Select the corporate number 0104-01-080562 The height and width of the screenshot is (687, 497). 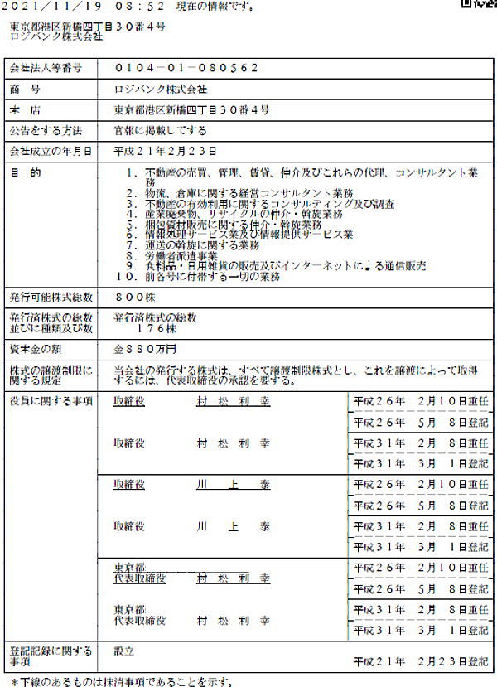click(186, 68)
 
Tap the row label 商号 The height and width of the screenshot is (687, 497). click(25, 89)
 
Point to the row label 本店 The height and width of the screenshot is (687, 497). click(25, 109)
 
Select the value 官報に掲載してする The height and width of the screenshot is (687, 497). click(160, 131)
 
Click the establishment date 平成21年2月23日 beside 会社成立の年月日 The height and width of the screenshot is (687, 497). click(165, 152)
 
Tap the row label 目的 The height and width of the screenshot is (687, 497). click(25, 172)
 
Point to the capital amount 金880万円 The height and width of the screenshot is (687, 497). click(145, 349)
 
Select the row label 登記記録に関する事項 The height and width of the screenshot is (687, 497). click(50, 656)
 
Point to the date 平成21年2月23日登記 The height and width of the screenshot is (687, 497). click(420, 662)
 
